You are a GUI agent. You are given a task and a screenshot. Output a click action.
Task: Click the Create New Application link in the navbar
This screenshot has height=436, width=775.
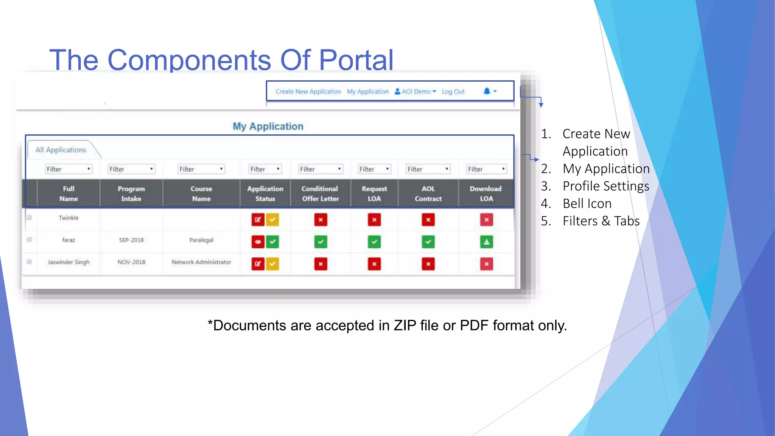click(x=308, y=92)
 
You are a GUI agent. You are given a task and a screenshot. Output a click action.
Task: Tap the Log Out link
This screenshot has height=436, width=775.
click(x=453, y=92)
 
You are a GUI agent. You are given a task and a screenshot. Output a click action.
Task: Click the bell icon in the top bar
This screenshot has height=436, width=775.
click(x=487, y=91)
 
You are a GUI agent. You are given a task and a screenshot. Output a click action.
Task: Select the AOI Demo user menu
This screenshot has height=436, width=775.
click(x=416, y=92)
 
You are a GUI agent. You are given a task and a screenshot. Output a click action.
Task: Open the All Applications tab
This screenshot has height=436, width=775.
click(x=61, y=150)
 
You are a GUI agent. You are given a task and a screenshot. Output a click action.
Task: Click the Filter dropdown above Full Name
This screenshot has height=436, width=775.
click(x=68, y=169)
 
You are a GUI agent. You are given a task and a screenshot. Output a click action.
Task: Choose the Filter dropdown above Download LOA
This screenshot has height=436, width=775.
click(x=487, y=169)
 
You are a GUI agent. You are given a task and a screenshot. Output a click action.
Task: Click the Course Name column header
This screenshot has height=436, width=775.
click(x=201, y=193)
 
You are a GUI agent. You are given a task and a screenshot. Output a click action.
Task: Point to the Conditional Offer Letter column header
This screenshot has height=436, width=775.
click(x=320, y=193)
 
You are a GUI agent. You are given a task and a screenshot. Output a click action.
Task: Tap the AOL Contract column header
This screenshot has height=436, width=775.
click(x=428, y=193)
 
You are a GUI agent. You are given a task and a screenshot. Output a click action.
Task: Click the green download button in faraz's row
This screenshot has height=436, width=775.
click(x=487, y=242)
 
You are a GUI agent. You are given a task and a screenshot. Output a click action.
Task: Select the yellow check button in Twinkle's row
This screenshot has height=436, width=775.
click(x=272, y=220)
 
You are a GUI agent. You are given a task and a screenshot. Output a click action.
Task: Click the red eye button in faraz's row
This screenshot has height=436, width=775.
click(x=258, y=242)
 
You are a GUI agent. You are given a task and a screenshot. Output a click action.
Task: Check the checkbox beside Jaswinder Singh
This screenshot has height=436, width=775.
click(x=30, y=262)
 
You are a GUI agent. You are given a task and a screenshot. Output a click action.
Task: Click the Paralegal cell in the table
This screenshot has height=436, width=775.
click(x=201, y=240)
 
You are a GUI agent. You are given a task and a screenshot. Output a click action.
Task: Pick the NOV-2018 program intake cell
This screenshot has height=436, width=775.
click(x=131, y=262)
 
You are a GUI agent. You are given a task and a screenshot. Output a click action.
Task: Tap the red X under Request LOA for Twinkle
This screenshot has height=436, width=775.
click(x=374, y=220)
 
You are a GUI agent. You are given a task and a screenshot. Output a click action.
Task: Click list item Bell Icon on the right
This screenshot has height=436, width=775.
click(x=587, y=204)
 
